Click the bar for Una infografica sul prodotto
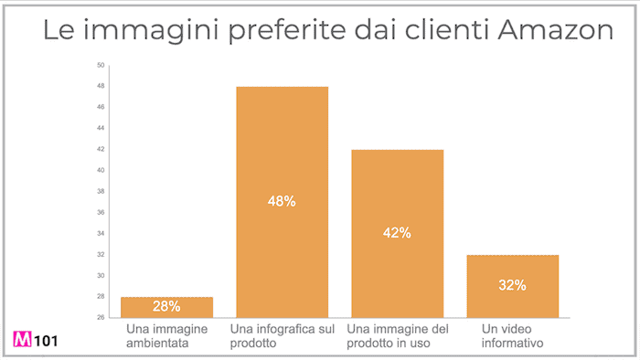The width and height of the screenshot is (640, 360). coord(283,202)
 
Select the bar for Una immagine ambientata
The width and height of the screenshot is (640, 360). coord(167,307)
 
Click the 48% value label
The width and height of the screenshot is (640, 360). coord(283,201)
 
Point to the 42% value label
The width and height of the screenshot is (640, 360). coord(398,233)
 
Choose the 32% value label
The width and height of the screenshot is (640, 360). coord(512,285)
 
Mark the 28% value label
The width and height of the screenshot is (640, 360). coord(167,307)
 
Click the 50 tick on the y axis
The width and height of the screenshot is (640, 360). coord(101,65)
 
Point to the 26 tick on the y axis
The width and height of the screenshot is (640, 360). coord(101,317)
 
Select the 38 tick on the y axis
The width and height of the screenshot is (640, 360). coord(101,191)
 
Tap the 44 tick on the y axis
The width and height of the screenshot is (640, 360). coord(101,128)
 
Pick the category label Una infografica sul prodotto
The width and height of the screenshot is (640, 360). coord(283,335)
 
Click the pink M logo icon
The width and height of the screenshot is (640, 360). coord(22,340)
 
